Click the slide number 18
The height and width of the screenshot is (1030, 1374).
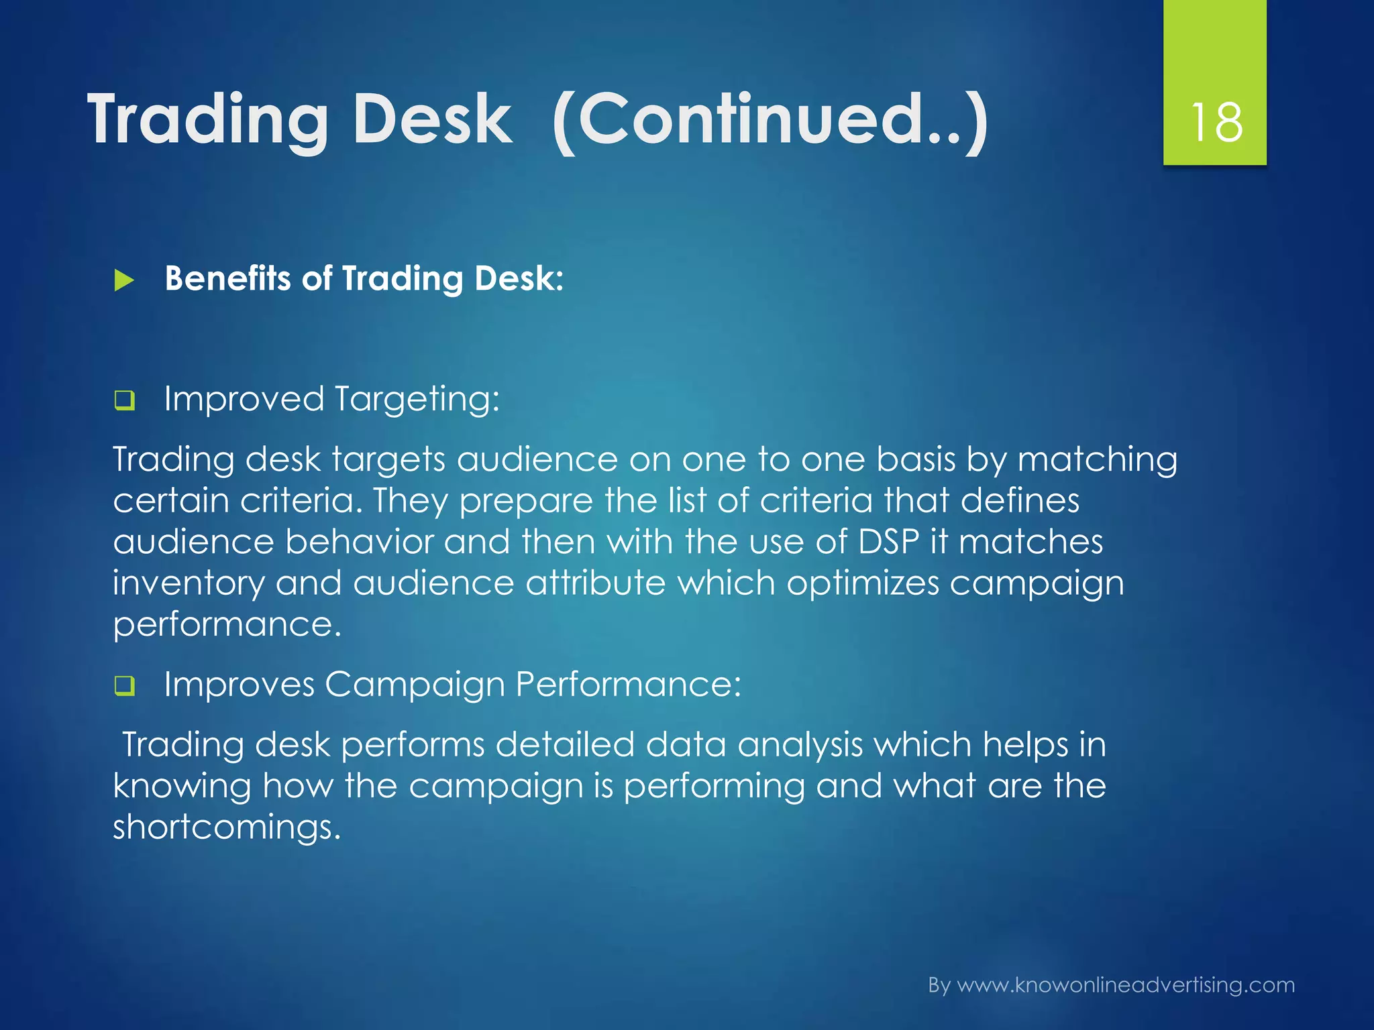[x=1216, y=123]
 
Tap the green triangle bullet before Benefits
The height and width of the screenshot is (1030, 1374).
[x=124, y=280]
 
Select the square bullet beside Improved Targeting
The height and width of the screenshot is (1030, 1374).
[x=124, y=401]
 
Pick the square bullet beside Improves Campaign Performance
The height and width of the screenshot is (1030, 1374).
[x=124, y=686]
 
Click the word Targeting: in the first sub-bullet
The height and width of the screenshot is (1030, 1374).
[x=417, y=400]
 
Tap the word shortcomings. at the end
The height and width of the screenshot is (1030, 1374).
[x=227, y=827]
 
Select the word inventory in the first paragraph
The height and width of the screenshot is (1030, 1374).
[x=189, y=583]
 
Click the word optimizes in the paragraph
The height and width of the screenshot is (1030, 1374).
[x=863, y=583]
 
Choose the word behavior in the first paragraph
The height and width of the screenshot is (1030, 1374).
[x=360, y=542]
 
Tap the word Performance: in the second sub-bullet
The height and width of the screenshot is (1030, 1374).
[x=628, y=685]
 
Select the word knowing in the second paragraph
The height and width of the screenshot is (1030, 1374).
[x=182, y=787]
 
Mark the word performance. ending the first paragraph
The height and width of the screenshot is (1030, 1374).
[x=227, y=625]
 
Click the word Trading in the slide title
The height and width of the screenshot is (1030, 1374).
[x=207, y=121]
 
